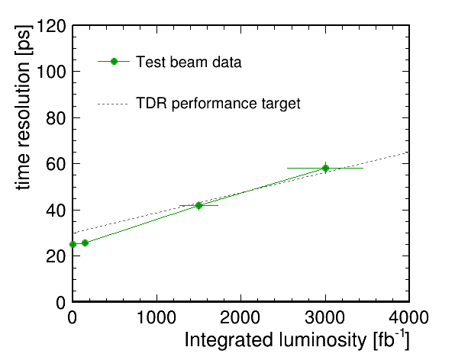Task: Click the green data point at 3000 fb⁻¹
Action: coord(325,168)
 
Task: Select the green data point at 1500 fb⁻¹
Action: coord(198,205)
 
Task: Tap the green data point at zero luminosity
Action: coord(73,244)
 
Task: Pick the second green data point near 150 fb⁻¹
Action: coord(85,243)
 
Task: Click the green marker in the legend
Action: coord(114,62)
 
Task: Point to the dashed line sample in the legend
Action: coord(113,104)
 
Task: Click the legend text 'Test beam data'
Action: coord(189,62)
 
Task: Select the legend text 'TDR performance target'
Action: coord(218,104)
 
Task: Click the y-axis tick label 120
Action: coord(51,27)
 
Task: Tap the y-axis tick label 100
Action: coord(51,72)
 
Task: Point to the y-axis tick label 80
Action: coord(56,118)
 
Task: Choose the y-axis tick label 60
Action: coord(56,164)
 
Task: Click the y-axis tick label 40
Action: coord(56,211)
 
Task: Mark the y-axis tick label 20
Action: coord(56,256)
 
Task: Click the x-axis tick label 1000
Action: coord(157,317)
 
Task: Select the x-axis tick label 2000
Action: coord(240,317)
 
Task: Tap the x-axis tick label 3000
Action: coord(325,317)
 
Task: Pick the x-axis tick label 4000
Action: coord(409,317)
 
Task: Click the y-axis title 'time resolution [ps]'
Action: coord(23,108)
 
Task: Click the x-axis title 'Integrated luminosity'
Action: coord(276,339)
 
